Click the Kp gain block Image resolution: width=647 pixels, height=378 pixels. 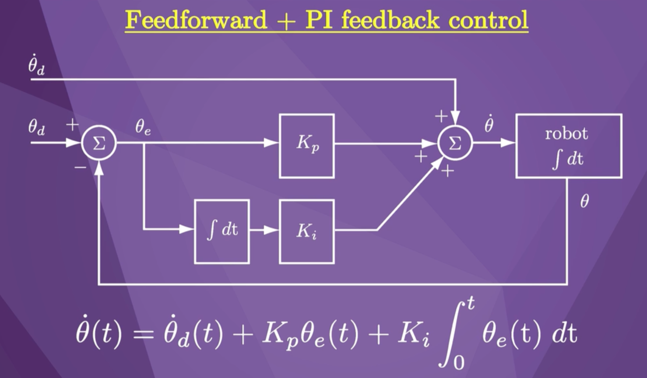click(x=306, y=146)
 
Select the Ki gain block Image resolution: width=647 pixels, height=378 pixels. click(x=306, y=231)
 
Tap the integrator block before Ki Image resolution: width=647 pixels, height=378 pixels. click(x=222, y=231)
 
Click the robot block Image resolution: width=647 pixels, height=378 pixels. click(x=568, y=146)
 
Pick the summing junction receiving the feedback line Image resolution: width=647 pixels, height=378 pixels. click(x=99, y=143)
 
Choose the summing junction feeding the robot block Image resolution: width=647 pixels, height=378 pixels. click(x=455, y=143)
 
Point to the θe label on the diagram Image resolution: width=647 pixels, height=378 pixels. click(x=143, y=127)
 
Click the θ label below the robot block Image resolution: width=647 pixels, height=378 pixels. click(x=584, y=201)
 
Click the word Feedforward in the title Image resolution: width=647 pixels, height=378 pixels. click(x=196, y=20)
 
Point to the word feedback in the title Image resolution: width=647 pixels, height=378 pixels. click(x=390, y=20)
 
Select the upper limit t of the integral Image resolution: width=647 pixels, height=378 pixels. click(x=470, y=304)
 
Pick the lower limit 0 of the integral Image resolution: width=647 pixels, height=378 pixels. click(x=458, y=363)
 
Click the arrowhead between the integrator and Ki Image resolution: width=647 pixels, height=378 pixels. click(x=272, y=229)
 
